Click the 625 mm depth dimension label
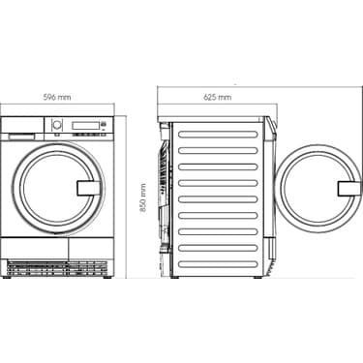point(218,98)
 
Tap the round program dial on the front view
point(56,125)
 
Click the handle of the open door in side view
point(346,188)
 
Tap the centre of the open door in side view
point(317,188)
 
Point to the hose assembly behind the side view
point(166,194)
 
